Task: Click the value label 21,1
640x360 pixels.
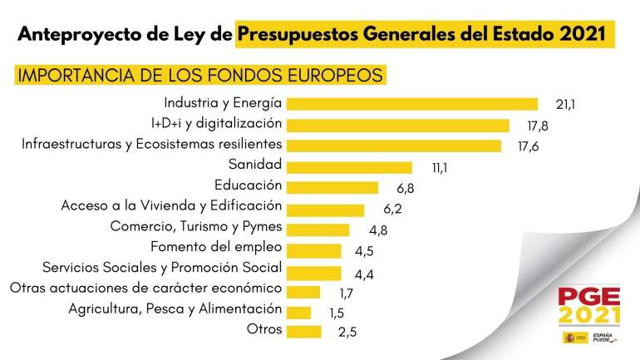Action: pos(566,105)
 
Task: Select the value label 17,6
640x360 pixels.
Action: pos(529,147)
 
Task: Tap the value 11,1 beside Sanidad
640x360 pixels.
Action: pos(441,168)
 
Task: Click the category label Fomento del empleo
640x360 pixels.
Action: pos(216,247)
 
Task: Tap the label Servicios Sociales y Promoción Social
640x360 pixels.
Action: pos(162,268)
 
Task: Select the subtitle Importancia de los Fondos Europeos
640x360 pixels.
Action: pos(200,75)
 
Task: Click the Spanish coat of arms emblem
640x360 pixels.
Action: pos(569,337)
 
